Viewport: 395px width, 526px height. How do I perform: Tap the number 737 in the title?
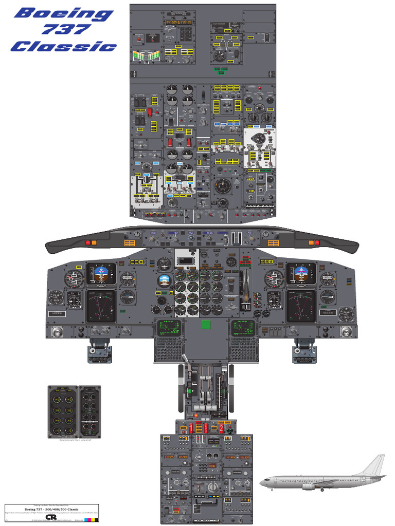(64, 30)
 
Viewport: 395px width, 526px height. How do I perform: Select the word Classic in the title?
(64, 46)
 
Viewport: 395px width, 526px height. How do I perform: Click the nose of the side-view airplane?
(261, 482)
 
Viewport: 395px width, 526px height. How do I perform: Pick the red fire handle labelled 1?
(192, 427)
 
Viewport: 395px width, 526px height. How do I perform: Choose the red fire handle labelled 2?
(222, 427)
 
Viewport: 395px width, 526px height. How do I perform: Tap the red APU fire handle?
(206, 427)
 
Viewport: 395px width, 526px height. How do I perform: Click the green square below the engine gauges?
(207, 324)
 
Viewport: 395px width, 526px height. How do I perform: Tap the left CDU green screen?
(170, 327)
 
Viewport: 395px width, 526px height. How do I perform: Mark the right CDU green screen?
(243, 327)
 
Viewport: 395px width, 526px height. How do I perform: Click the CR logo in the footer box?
(51, 517)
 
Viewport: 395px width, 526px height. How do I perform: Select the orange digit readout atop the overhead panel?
(178, 23)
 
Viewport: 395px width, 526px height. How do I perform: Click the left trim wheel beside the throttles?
(182, 388)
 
